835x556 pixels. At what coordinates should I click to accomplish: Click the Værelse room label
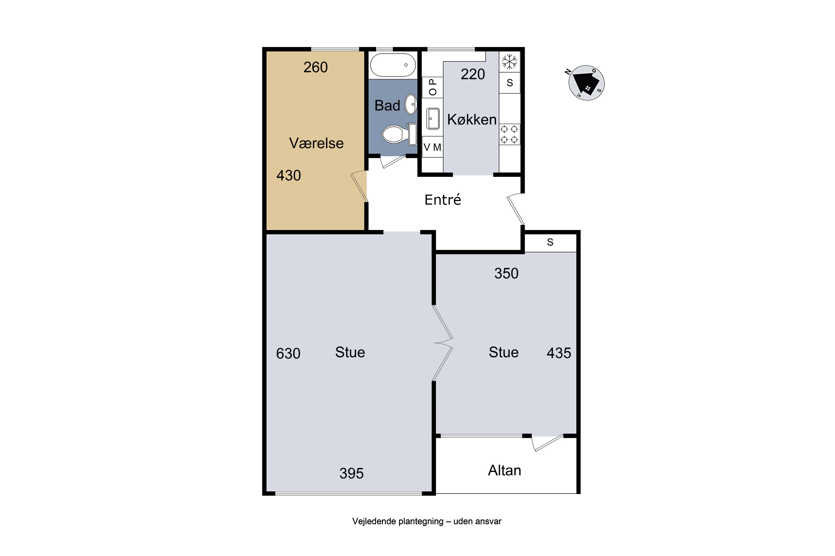click(x=316, y=143)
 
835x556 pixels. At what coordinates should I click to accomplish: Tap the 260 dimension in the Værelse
click(x=316, y=67)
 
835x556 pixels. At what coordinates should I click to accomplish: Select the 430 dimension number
click(x=289, y=175)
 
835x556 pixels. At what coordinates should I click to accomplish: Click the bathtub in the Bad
click(x=393, y=65)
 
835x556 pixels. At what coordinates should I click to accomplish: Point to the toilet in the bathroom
click(x=399, y=134)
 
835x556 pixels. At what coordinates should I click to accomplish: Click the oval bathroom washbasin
click(x=411, y=104)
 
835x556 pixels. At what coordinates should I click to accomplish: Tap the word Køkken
click(x=472, y=120)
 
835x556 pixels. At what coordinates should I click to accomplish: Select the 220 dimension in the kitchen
click(x=473, y=75)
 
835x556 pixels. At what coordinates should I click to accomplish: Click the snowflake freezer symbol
click(x=509, y=62)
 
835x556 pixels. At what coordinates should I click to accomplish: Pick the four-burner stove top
click(x=509, y=134)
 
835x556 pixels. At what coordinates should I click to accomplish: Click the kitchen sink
click(x=433, y=118)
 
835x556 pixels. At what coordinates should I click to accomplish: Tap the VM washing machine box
click(x=433, y=147)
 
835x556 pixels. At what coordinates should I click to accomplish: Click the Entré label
click(x=443, y=200)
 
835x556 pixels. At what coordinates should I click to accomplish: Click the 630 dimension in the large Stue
click(x=288, y=354)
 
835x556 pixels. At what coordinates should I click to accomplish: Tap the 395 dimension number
click(x=352, y=473)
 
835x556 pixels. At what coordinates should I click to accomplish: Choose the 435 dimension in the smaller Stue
click(x=559, y=353)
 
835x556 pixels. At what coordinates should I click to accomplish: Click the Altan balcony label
click(x=504, y=471)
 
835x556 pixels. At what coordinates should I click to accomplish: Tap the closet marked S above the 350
click(x=550, y=242)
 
